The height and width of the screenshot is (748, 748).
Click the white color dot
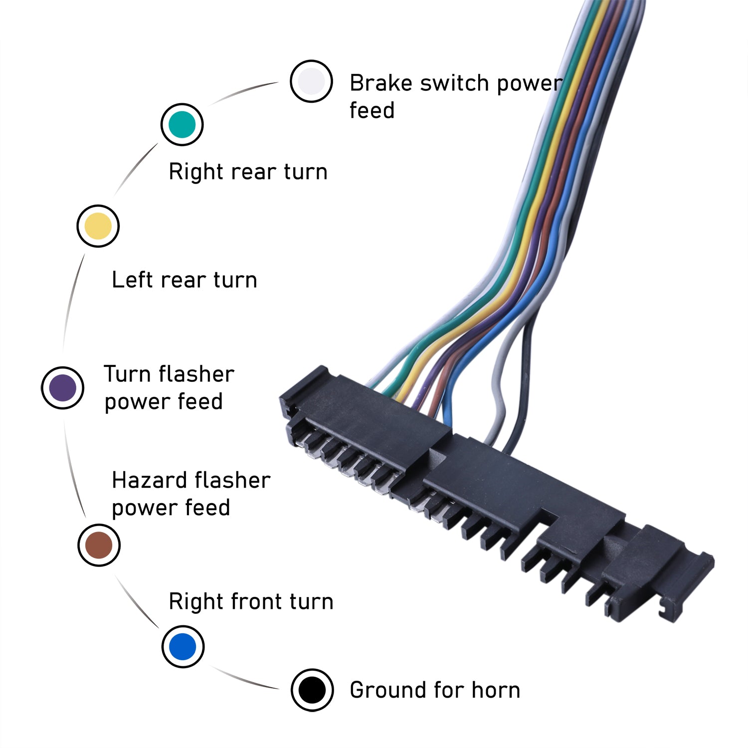pos(311,81)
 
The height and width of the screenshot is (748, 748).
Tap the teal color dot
pos(182,125)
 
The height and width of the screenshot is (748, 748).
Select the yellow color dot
pos(98,226)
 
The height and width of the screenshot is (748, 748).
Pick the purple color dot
pos(62,388)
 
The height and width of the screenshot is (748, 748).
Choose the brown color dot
pos(99,545)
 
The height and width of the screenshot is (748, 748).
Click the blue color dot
pos(183,646)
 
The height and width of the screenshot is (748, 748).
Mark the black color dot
pos(312,690)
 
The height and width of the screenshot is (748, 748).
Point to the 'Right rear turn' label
pos(248,172)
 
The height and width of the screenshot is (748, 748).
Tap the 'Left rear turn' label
pos(184,280)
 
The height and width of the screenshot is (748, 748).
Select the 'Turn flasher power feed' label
pos(169,387)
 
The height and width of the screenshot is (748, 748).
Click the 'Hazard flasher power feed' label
pos(190,494)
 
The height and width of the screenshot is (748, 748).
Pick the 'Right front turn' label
pos(251,601)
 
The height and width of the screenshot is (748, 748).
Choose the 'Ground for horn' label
pos(435,690)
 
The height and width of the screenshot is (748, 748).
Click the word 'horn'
pos(496,690)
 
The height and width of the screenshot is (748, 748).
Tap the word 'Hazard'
pos(149,480)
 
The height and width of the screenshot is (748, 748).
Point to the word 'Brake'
pos(381,83)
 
